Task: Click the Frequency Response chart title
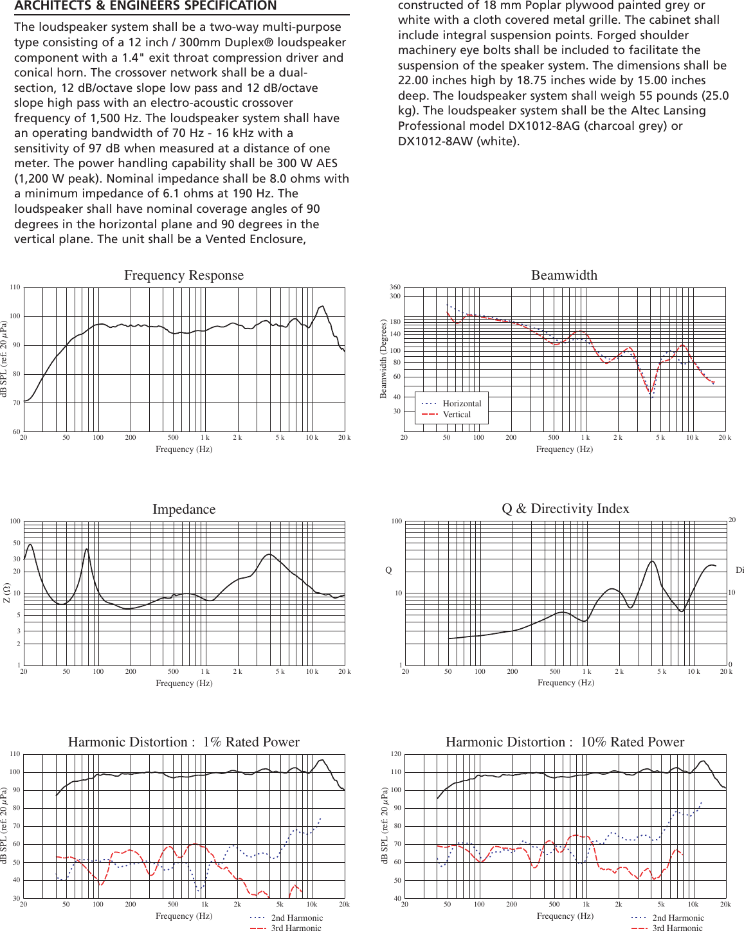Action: (x=184, y=275)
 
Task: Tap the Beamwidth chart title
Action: (x=564, y=275)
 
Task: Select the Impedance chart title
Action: (x=184, y=509)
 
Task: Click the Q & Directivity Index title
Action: (x=565, y=509)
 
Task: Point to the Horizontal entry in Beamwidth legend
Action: (x=462, y=404)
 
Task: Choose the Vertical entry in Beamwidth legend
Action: (x=457, y=415)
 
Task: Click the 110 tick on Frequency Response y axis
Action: (x=15, y=287)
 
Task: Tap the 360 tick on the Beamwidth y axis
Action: (x=395, y=287)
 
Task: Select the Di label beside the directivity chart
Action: (x=739, y=570)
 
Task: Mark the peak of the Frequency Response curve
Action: (x=322, y=307)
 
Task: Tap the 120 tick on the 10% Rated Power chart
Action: (x=395, y=754)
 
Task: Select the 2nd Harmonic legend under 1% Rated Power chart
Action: (x=296, y=918)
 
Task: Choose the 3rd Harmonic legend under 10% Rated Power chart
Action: (x=677, y=928)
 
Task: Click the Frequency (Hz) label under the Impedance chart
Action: (x=184, y=683)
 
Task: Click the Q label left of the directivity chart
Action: (x=388, y=570)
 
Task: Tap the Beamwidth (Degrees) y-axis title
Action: (x=384, y=359)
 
